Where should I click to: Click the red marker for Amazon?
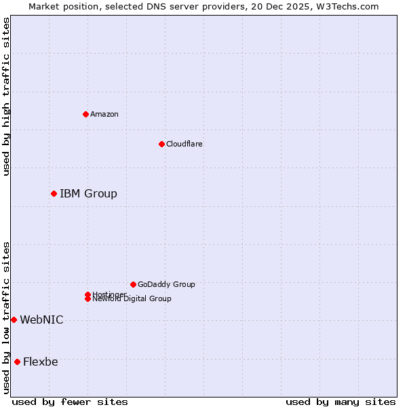(85, 114)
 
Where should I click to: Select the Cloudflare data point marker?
(161, 144)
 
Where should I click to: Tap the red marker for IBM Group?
(54, 193)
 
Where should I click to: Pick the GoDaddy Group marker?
(133, 284)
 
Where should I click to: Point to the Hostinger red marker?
(88, 294)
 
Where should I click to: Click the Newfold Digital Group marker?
(88, 298)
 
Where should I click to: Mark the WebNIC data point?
(14, 319)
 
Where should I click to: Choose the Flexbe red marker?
(17, 362)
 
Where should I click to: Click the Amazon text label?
(104, 114)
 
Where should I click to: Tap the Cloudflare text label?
(185, 144)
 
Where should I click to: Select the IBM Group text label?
(88, 194)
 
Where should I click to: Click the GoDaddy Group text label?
(166, 284)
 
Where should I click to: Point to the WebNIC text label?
(41, 320)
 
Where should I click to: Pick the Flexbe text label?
(41, 362)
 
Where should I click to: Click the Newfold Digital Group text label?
(132, 299)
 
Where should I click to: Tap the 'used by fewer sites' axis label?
(70, 402)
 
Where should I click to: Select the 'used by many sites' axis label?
(341, 402)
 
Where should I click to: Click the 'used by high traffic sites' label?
(6, 96)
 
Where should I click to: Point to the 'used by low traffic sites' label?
(6, 317)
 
